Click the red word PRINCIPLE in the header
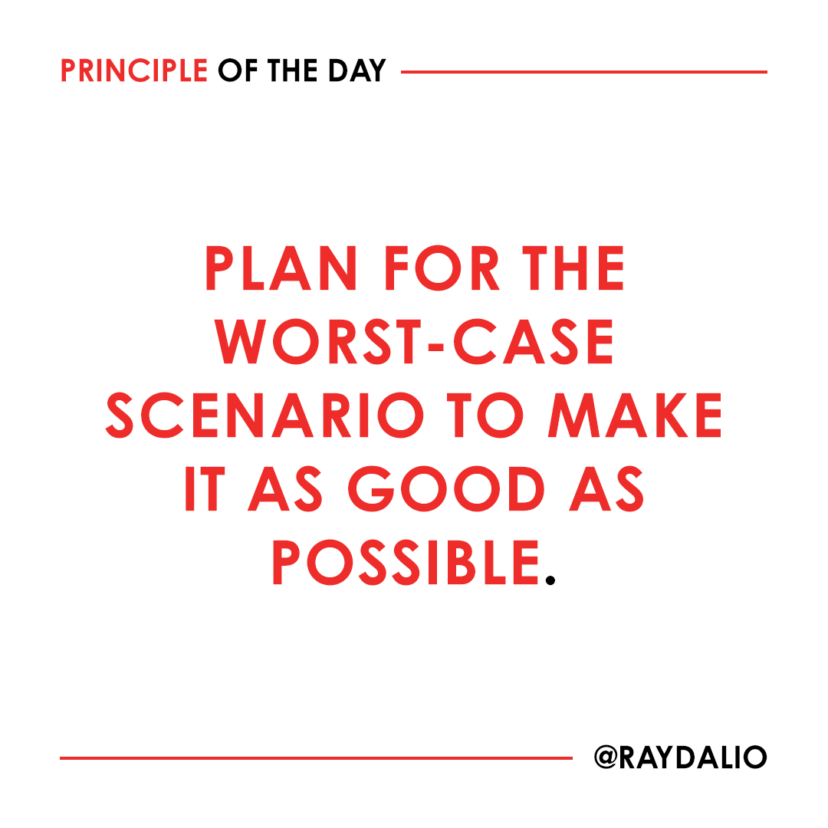pyautogui.click(x=134, y=71)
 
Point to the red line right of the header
pyautogui.click(x=583, y=72)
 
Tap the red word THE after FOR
pyautogui.click(x=573, y=268)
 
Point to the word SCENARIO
pyautogui.click(x=264, y=415)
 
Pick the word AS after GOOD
pyautogui.click(x=606, y=488)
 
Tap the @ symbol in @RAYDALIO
pyautogui.click(x=608, y=757)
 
